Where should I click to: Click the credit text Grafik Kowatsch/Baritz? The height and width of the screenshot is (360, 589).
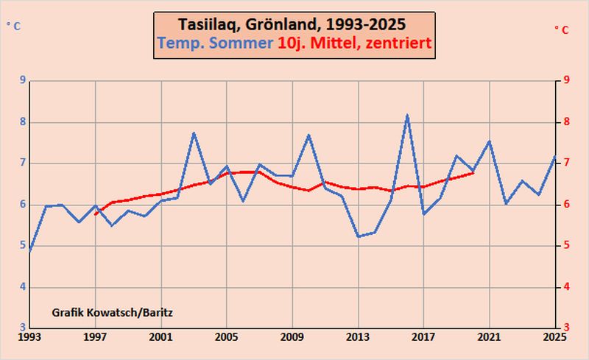[x=113, y=312]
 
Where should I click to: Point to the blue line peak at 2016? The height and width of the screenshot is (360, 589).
[x=407, y=116]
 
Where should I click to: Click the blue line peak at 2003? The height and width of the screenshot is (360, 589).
[x=194, y=133]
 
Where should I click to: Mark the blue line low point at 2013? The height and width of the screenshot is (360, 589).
[x=358, y=236]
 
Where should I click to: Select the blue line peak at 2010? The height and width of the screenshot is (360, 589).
[x=308, y=135]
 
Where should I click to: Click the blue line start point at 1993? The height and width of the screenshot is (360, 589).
[x=30, y=250]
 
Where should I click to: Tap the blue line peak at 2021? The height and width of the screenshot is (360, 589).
[x=489, y=141]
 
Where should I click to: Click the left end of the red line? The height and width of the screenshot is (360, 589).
[x=96, y=213]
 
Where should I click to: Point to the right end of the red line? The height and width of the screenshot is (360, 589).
[x=473, y=173]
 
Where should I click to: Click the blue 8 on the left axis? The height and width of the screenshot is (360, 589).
[x=22, y=122]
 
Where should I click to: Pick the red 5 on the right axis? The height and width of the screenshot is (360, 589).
[x=565, y=245]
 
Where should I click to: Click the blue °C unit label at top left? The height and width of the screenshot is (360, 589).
[x=13, y=27]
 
